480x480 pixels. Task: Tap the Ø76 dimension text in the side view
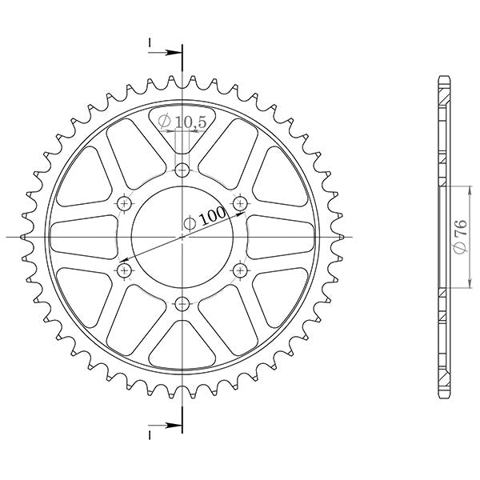459,238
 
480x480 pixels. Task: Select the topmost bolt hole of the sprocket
183,170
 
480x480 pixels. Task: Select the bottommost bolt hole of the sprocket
183,303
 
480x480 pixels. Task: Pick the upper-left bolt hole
125,203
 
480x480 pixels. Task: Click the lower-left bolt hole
125,270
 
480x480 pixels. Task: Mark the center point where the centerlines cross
183,237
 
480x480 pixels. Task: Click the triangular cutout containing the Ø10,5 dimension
183,132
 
